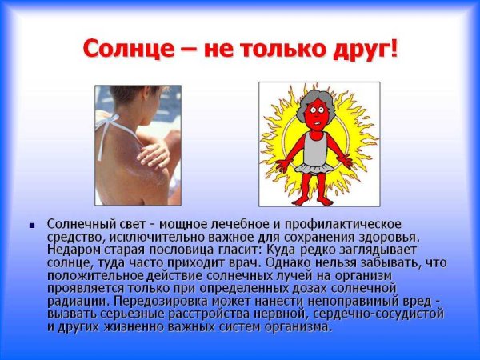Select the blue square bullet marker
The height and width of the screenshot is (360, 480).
point(32,226)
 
